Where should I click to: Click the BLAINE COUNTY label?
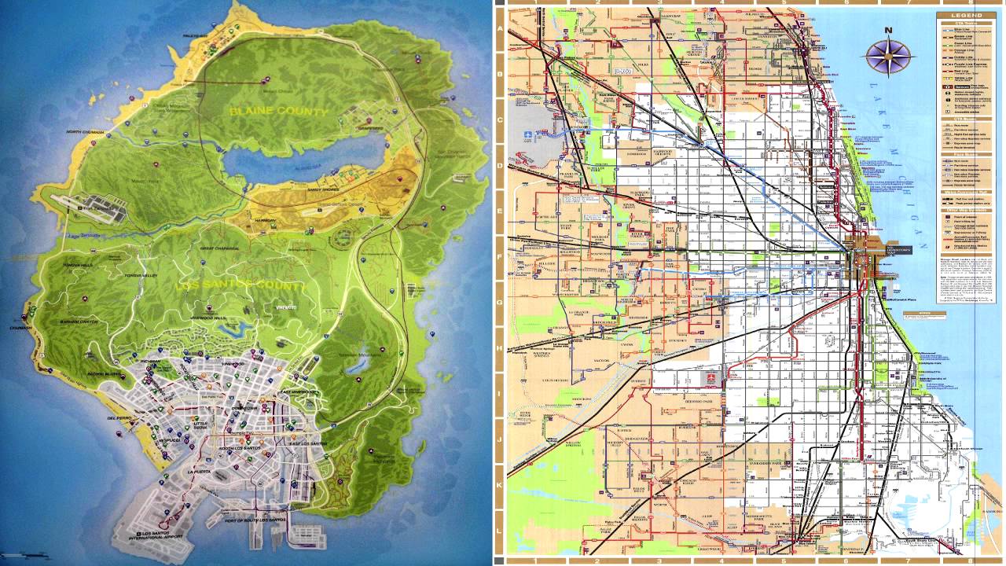tap(278, 112)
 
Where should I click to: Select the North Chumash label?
tap(85, 132)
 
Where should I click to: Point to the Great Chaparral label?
tap(218, 249)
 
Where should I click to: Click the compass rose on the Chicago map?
tap(888, 57)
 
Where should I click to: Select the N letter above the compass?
tap(888, 31)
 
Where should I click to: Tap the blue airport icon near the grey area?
tap(528, 134)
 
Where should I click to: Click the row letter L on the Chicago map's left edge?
tap(499, 532)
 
